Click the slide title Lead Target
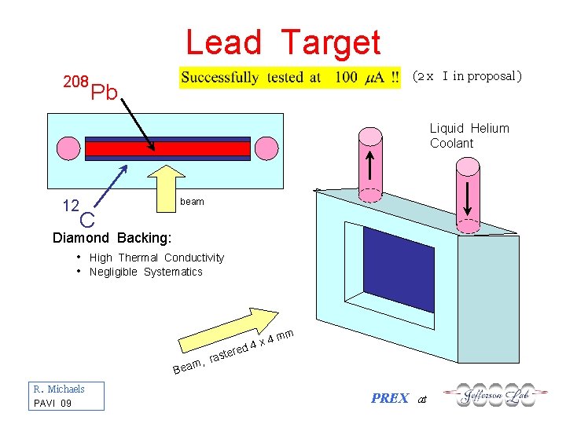(283, 42)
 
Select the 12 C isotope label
(79, 212)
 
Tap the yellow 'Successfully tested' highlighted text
(290, 77)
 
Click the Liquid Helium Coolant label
(469, 136)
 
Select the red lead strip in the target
(167, 149)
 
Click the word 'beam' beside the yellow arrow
(192, 202)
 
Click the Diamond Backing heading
(111, 238)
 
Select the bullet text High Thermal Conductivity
(156, 258)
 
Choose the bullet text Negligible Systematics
(145, 272)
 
